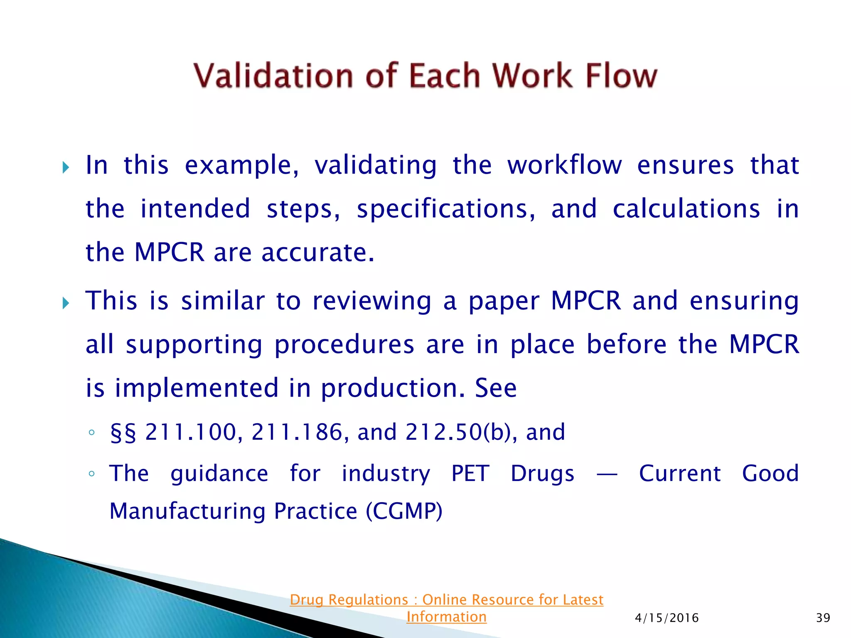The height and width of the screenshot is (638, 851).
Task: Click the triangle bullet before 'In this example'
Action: coord(66,168)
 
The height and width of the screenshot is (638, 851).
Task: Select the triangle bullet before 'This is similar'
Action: coord(66,303)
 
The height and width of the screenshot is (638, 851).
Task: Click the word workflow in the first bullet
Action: coord(564,165)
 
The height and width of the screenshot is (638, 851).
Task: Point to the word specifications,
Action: coord(446,209)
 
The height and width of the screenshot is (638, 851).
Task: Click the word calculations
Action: coord(686,209)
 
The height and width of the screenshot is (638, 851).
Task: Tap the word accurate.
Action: coord(317,253)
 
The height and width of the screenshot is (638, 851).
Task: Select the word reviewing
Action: coord(371,301)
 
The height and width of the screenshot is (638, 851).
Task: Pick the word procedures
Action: coord(344,345)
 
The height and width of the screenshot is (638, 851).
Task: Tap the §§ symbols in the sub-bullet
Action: coord(123,432)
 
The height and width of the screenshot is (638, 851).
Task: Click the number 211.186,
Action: coord(297,432)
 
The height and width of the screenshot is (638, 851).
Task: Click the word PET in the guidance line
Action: coord(470,474)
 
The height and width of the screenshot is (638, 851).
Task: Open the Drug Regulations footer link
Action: coord(446,608)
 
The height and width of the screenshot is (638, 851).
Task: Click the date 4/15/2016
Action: coord(667,618)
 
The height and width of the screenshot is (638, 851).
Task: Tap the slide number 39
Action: coord(823,618)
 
